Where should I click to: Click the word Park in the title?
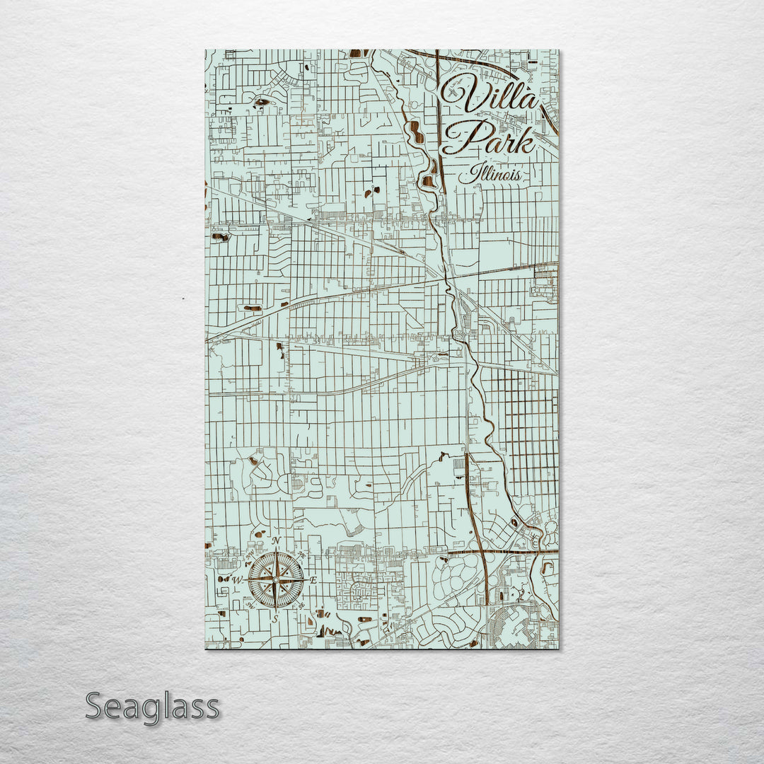[488, 138]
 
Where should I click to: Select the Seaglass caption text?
[152, 707]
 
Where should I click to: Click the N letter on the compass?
[276, 542]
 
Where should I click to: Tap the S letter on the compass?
[276, 618]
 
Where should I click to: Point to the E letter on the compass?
[314, 581]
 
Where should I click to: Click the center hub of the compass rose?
[276, 580]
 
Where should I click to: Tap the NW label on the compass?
[250, 555]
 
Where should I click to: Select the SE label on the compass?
[301, 606]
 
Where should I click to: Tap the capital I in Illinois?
[463, 174]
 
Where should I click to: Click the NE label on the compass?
[302, 555]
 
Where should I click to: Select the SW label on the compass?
[250, 606]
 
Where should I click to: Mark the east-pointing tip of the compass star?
[305, 580]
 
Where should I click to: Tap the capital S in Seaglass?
[95, 706]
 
